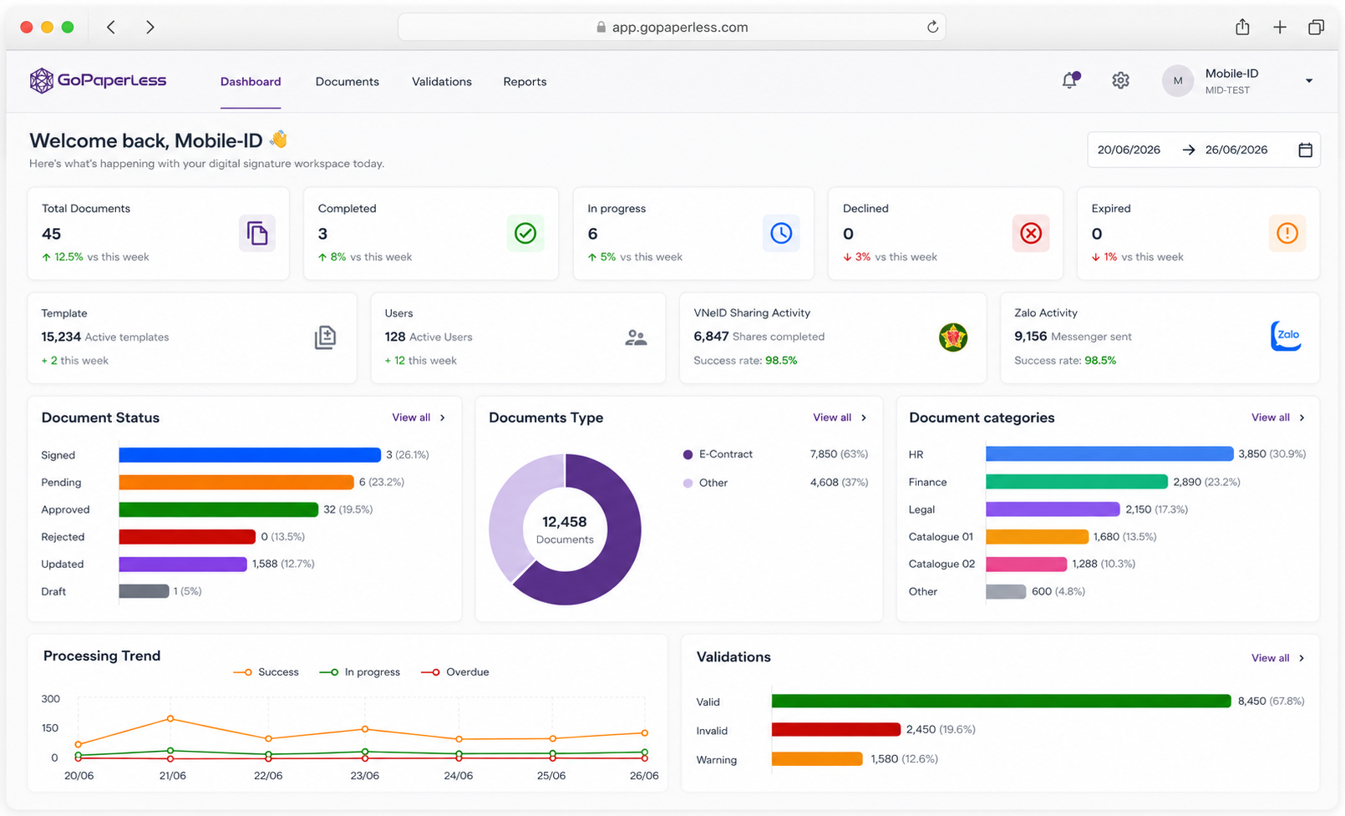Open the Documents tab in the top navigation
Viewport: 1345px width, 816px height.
coord(347,82)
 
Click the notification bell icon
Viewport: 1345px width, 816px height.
coord(1070,80)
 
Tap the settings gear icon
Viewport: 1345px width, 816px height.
coord(1120,80)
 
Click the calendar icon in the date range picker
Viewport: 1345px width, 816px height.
coord(1305,150)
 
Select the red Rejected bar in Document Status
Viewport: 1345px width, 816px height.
coord(187,537)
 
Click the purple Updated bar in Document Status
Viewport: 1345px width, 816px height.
coord(183,564)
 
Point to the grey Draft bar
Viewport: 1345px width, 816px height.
coord(144,591)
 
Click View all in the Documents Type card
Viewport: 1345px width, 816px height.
coord(831,418)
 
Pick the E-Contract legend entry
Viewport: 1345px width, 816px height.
coord(718,454)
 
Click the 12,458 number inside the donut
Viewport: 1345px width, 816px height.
coord(565,522)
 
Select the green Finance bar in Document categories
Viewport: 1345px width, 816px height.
coord(1077,482)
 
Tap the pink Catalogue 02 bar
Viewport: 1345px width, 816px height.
coord(1026,564)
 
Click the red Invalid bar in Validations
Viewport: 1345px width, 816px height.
coord(835,729)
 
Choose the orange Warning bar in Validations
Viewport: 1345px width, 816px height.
coord(817,759)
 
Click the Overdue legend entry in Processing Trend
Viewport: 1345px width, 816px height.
coord(455,672)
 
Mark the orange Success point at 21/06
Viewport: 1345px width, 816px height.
coord(170,719)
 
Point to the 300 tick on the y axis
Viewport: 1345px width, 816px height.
coord(50,699)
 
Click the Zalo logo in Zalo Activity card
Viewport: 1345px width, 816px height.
coord(1287,337)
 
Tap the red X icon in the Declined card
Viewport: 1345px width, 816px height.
coord(1031,233)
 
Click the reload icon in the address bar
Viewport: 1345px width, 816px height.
coord(932,27)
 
